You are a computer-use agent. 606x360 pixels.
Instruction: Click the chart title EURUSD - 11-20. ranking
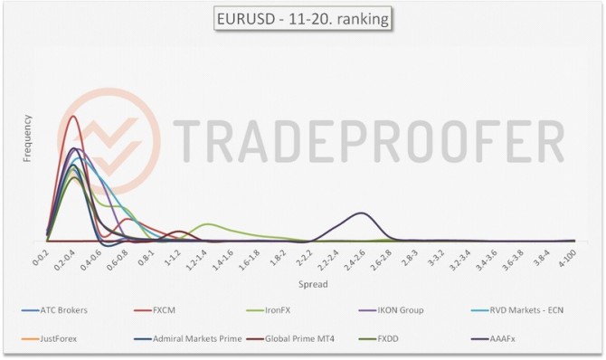tap(302, 18)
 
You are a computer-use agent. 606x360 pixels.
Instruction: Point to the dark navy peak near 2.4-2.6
tap(361, 213)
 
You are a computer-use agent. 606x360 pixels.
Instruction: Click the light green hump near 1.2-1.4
tap(209, 224)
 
